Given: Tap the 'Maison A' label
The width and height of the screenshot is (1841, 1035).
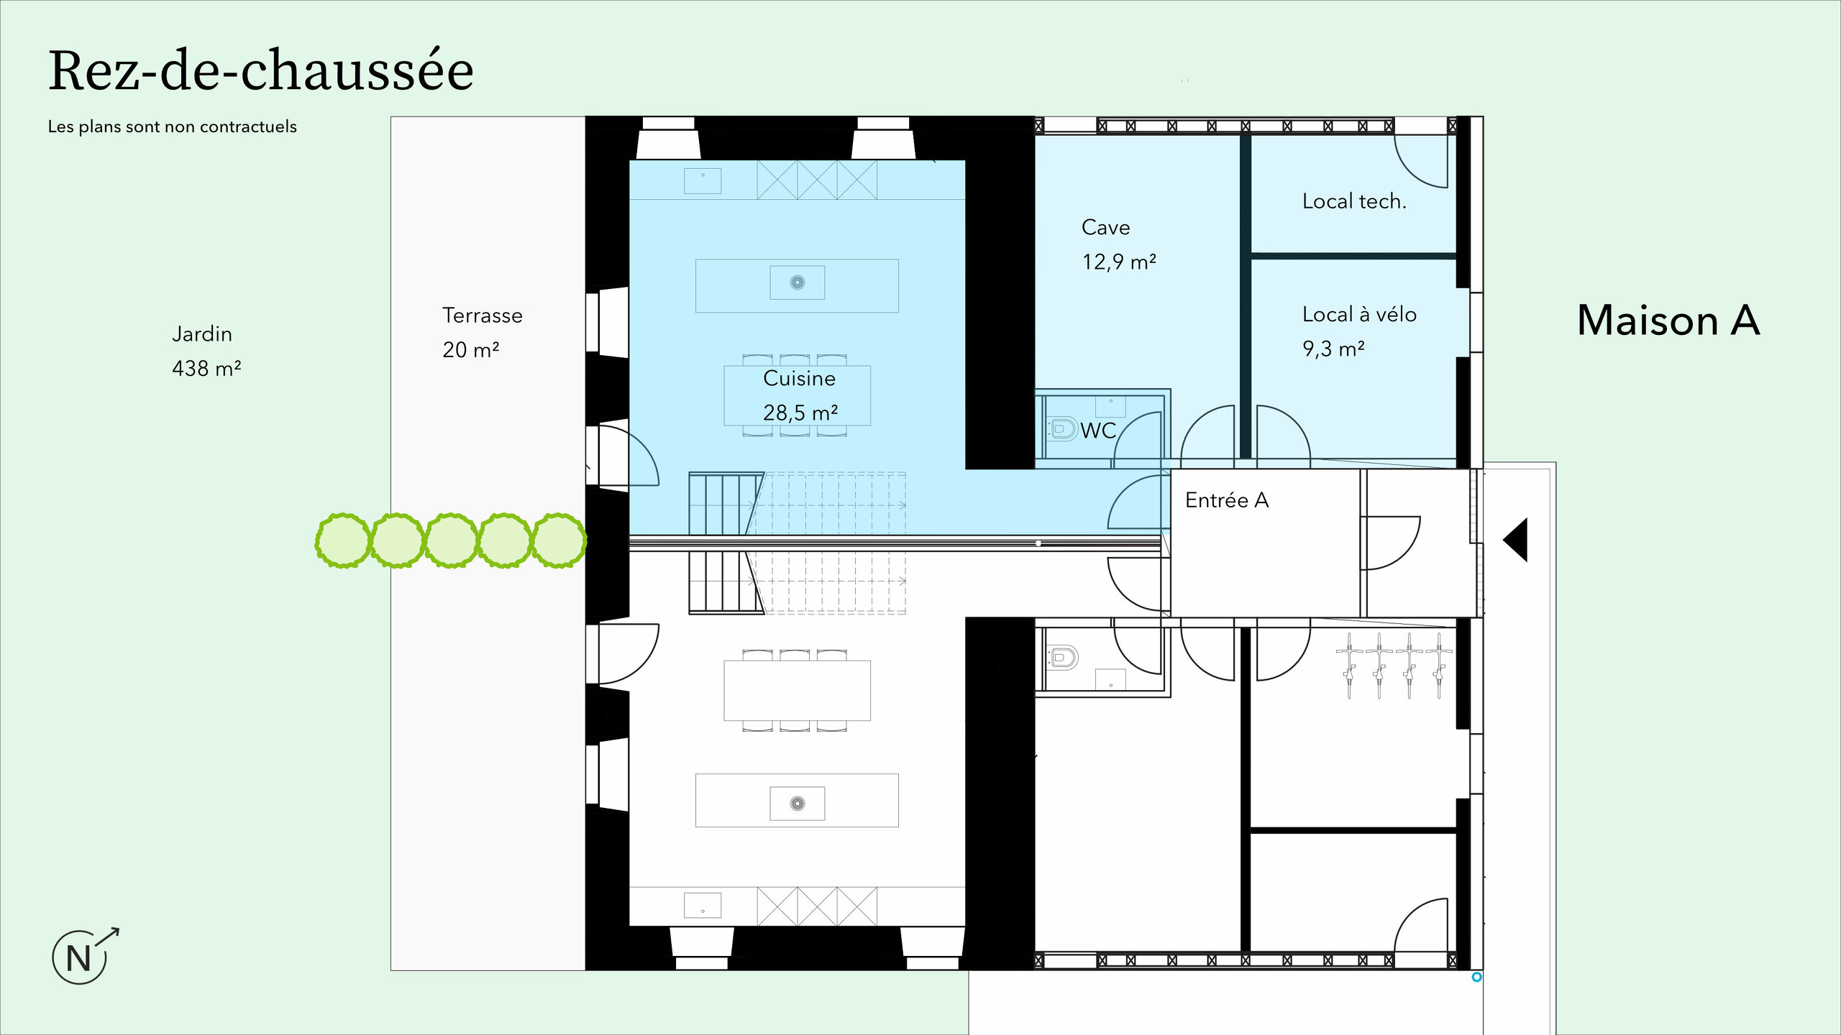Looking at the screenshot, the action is pyautogui.click(x=1668, y=320).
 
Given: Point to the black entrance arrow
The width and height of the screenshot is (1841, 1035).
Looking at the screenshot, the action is pyautogui.click(x=1515, y=539).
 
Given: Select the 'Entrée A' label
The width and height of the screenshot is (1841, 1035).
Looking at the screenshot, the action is pyautogui.click(x=1227, y=500).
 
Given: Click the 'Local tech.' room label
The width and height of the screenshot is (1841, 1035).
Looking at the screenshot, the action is pyautogui.click(x=1354, y=201).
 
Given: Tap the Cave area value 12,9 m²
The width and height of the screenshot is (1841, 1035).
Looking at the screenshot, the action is pyautogui.click(x=1119, y=262).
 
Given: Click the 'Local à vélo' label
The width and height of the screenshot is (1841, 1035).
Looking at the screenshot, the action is pyautogui.click(x=1359, y=314).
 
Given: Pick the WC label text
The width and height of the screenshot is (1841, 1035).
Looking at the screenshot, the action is pyautogui.click(x=1098, y=431).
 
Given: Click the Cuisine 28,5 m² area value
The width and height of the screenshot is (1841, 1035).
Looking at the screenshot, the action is pyautogui.click(x=800, y=413).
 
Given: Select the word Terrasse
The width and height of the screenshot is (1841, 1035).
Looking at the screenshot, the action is pyautogui.click(x=483, y=316).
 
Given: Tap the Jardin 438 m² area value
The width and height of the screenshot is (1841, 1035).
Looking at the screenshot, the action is pyautogui.click(x=206, y=369).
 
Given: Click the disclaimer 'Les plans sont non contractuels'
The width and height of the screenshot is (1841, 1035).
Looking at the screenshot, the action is pyautogui.click(x=173, y=126).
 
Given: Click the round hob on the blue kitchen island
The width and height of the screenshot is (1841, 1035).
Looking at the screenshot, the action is pyautogui.click(x=798, y=282).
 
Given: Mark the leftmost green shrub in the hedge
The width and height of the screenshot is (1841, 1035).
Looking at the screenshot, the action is pyautogui.click(x=344, y=540).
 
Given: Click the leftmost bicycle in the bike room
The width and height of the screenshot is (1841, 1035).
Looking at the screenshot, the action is pyautogui.click(x=1350, y=666).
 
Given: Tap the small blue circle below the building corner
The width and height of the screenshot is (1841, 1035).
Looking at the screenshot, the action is pyautogui.click(x=1476, y=977).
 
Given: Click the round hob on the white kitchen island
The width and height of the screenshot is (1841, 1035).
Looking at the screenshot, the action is pyautogui.click(x=798, y=804).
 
